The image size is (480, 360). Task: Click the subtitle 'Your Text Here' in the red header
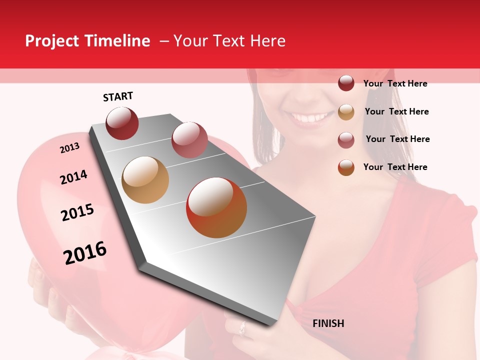coord(229,41)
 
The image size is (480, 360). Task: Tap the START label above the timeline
coord(118,96)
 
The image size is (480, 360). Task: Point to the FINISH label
coord(328,323)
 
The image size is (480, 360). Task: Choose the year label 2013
coord(69,148)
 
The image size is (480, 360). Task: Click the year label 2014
coord(73,177)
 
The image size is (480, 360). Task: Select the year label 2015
coord(77,212)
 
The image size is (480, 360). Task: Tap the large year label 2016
coord(85,253)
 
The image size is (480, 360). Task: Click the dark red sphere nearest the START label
coord(122,123)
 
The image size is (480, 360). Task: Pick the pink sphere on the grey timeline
coord(189,139)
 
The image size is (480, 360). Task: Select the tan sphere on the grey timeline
coord(145,180)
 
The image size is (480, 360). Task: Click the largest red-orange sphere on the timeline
coord(216,207)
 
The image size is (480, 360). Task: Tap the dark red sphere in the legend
coord(346,83)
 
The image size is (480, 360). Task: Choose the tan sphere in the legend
coord(346,111)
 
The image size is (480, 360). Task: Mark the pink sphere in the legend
coord(346,139)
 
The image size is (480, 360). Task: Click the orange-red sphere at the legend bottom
coord(346,167)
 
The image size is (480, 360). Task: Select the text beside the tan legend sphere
coord(396,111)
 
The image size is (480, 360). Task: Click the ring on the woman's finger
coord(242,328)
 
